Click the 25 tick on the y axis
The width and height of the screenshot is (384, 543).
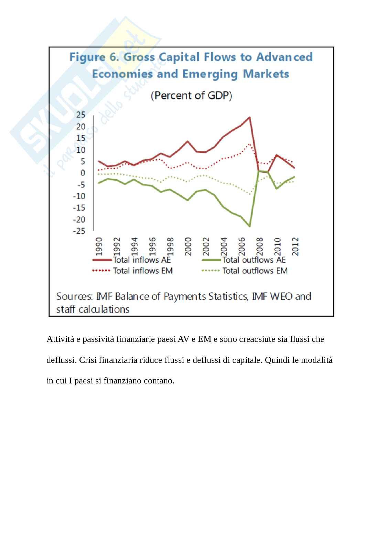[x=81, y=115]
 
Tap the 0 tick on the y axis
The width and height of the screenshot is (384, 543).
[x=83, y=173]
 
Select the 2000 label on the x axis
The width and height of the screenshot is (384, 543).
[x=188, y=246]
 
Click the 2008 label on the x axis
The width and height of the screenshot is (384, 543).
[x=260, y=246]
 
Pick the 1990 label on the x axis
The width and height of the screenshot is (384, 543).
[x=99, y=246]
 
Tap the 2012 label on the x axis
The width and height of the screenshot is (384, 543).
[x=295, y=246]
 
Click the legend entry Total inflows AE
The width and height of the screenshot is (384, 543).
[x=142, y=260]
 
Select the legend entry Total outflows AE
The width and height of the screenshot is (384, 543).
[x=254, y=260]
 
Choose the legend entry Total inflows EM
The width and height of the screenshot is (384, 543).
[x=142, y=271]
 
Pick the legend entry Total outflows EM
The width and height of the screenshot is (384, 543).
[x=255, y=271]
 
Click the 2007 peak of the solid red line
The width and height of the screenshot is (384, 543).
[x=249, y=118]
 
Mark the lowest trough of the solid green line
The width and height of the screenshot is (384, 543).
[x=249, y=226]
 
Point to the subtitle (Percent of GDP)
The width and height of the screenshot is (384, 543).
[x=191, y=95]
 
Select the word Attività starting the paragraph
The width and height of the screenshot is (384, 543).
[x=60, y=339]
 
